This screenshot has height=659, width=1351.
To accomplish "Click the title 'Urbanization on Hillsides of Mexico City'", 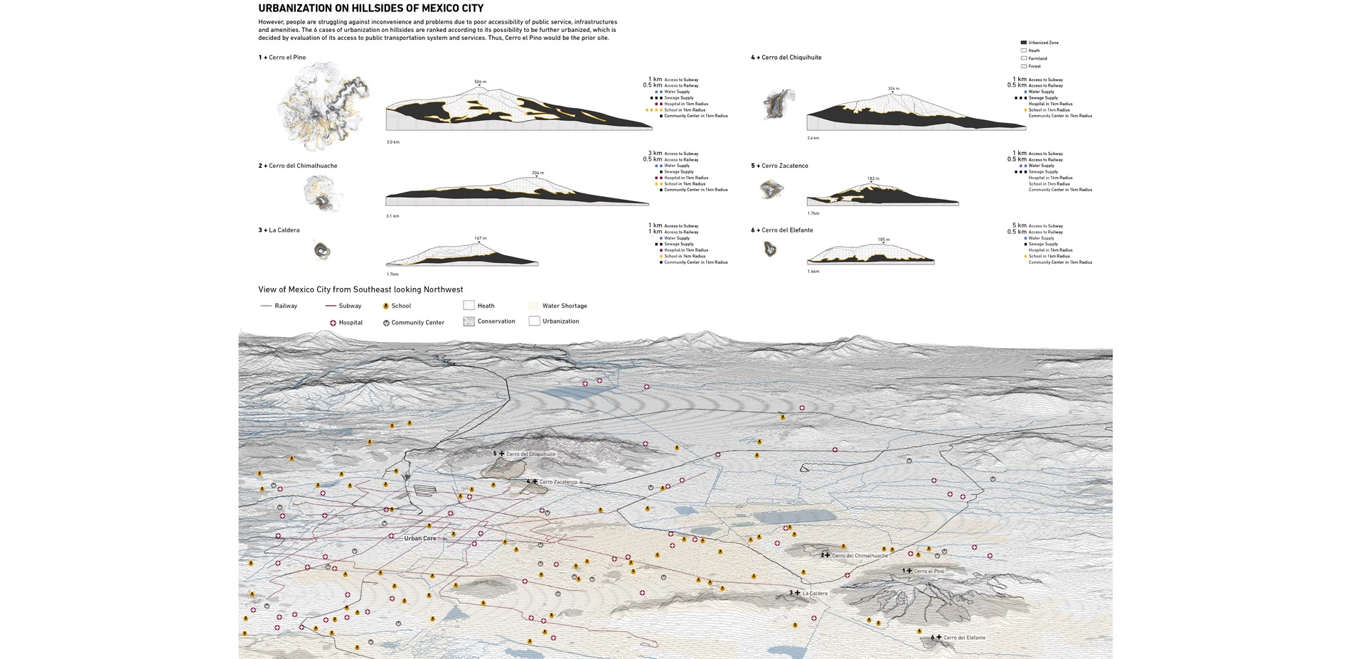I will point(370,9).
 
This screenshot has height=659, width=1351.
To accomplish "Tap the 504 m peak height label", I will point(481,82).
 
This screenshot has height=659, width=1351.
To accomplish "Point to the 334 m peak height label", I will point(893,89).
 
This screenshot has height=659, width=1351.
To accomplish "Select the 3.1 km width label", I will point(393,216).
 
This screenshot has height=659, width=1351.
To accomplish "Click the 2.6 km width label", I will point(813,138).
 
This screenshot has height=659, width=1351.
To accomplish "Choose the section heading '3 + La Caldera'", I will point(279,230).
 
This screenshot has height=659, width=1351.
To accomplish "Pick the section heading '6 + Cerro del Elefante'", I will point(781,230).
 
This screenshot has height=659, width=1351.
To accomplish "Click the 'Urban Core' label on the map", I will point(420,539).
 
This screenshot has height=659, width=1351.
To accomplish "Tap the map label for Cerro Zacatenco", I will point(558,482).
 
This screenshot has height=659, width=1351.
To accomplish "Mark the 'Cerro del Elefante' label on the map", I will point(964,638).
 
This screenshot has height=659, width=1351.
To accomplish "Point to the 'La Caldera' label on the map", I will point(815,593).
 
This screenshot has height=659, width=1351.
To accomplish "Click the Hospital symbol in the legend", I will point(333,323).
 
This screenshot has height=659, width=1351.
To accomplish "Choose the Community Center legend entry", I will point(414,323).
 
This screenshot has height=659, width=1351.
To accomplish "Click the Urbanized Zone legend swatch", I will point(1024,43).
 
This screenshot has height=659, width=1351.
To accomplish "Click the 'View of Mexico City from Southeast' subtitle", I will point(361,289).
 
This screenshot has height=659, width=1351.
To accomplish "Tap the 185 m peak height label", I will point(883,240).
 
